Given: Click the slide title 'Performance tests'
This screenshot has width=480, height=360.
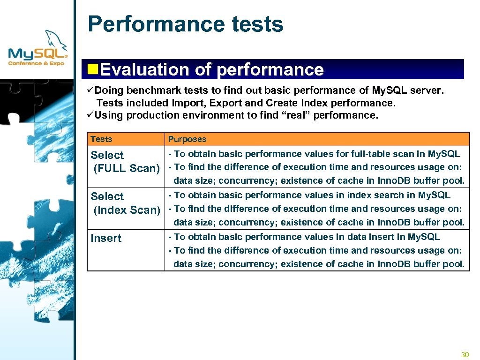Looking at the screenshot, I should (186, 24).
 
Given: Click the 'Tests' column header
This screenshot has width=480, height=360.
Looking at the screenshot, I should (101, 139).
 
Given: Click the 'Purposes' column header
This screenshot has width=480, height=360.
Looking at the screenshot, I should (187, 139).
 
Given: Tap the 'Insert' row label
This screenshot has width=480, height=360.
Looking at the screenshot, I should (106, 238).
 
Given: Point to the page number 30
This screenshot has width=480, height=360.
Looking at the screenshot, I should (465, 354).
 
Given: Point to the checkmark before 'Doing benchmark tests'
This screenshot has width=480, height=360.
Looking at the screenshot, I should (91, 90).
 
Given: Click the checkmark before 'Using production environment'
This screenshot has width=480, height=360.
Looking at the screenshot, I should (91, 115).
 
